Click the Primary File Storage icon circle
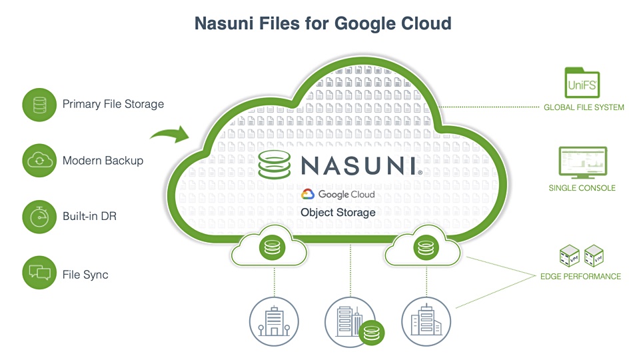click(x=39, y=105)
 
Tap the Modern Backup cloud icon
click(x=39, y=161)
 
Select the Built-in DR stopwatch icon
click(x=39, y=217)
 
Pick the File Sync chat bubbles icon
click(x=39, y=273)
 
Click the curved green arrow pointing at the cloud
click(x=171, y=133)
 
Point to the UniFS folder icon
click(x=582, y=83)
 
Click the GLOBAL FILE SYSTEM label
click(x=584, y=107)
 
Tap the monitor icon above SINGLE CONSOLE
click(x=582, y=163)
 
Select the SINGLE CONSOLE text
click(x=582, y=188)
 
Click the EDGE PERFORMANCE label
click(x=580, y=277)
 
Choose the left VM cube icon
click(x=569, y=256)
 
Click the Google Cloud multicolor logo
click(x=308, y=195)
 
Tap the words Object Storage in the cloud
click(x=338, y=213)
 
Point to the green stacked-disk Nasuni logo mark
click(x=275, y=165)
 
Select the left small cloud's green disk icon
click(x=272, y=247)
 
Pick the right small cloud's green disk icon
click(x=426, y=247)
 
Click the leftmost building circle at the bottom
click(x=274, y=321)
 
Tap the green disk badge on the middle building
click(x=371, y=333)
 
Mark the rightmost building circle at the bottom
click(x=426, y=321)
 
